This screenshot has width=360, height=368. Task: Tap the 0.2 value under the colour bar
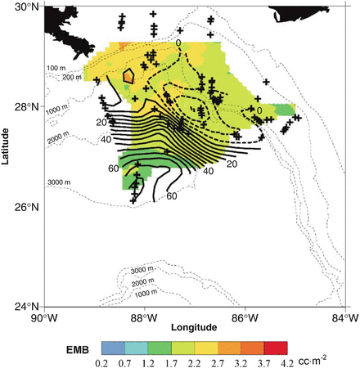click(102, 361)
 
